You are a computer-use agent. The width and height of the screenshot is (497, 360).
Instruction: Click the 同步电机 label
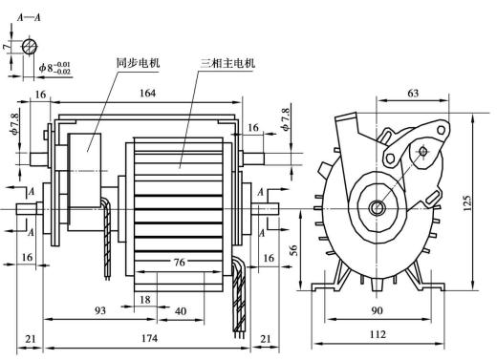[138, 63]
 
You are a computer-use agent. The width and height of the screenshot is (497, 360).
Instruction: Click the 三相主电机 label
[227, 63]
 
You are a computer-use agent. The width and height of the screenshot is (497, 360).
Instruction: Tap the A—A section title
[29, 17]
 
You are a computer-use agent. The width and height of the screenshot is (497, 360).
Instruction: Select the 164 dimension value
[148, 93]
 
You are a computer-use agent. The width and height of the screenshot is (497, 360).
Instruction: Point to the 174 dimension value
[149, 338]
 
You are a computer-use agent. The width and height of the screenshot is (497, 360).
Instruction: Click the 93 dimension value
[100, 310]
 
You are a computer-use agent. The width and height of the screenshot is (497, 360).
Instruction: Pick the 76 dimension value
[179, 262]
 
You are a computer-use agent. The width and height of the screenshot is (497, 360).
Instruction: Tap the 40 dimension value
[181, 311]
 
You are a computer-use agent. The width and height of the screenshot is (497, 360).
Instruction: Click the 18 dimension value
[145, 300]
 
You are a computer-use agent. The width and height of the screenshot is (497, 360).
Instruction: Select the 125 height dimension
[467, 202]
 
